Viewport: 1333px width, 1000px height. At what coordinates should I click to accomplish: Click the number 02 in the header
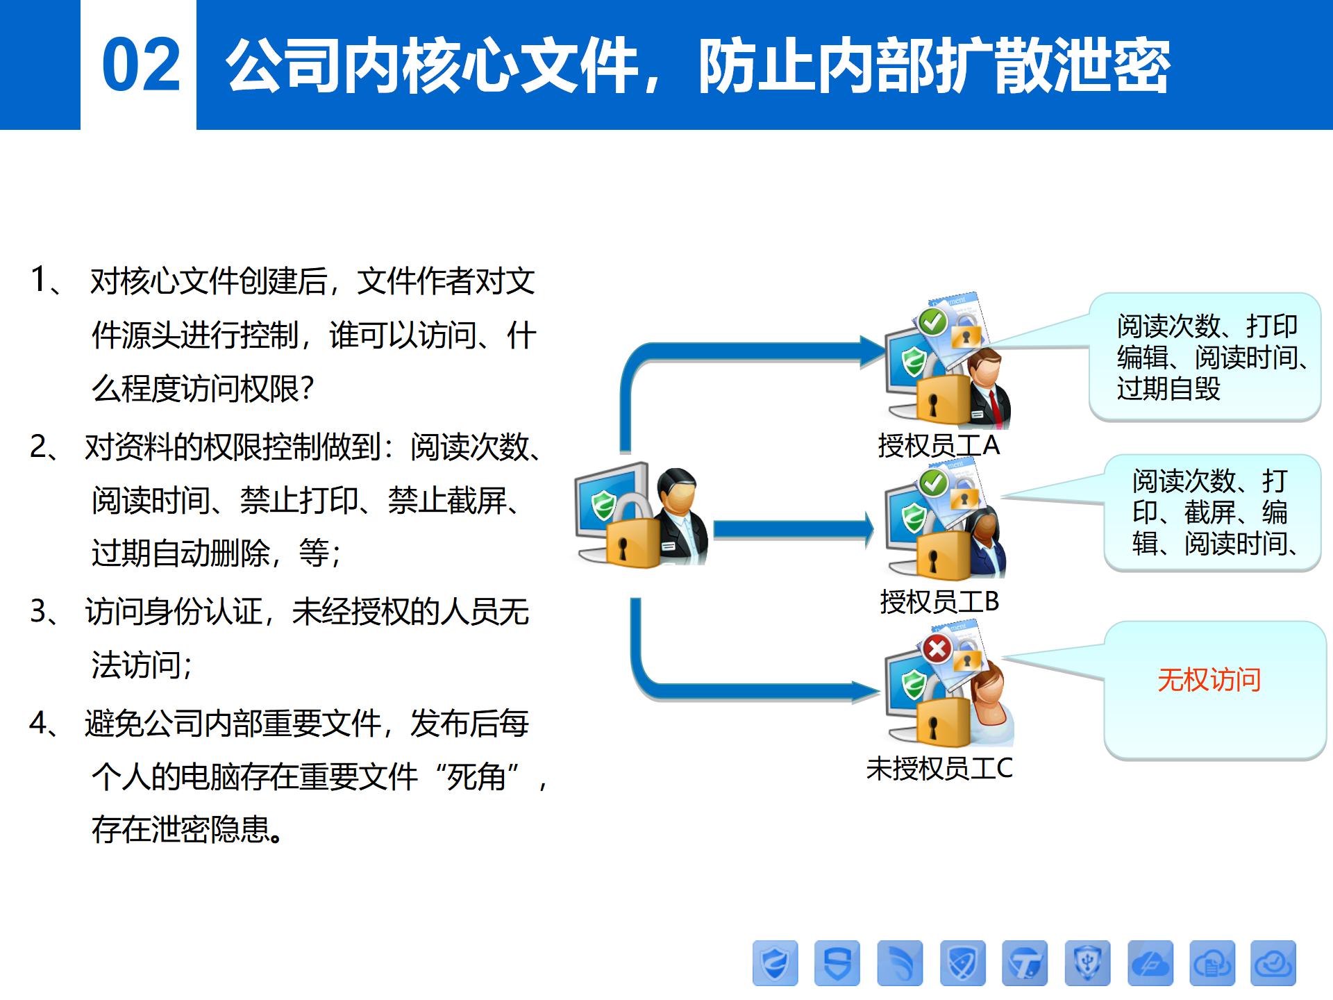[141, 65]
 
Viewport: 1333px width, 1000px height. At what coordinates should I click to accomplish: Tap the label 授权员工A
[939, 445]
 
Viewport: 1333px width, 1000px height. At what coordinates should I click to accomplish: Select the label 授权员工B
[939, 601]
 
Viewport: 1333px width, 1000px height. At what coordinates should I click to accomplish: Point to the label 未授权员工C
[939, 768]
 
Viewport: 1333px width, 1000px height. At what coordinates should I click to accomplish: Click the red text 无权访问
[1209, 679]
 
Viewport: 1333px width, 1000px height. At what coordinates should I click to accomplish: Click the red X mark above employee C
[937, 649]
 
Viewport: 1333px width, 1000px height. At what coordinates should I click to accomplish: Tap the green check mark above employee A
[932, 322]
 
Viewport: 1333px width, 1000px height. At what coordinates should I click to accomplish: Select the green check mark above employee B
[934, 481]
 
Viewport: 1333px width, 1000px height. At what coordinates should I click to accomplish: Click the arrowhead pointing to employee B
[867, 530]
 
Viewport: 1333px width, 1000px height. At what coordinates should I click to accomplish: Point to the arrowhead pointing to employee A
[873, 351]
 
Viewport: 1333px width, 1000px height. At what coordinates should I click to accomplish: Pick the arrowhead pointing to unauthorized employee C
[868, 691]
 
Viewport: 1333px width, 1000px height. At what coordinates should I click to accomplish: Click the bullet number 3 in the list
[39, 612]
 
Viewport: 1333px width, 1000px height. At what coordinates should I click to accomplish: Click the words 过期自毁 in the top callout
[1168, 388]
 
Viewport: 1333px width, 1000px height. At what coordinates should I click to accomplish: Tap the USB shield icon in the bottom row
[1087, 963]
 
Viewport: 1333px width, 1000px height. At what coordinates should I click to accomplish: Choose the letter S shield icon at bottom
[837, 963]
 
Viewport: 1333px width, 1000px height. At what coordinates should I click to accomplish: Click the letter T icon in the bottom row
[1025, 963]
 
